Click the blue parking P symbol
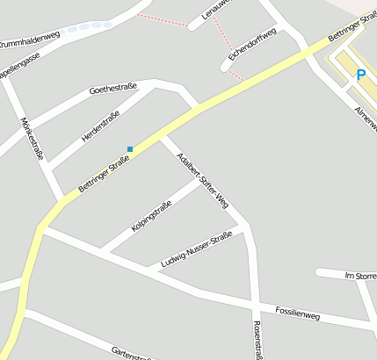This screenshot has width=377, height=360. pos(360,76)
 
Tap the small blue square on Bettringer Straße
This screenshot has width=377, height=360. pos(130,148)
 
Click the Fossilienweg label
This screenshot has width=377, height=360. pos(297,313)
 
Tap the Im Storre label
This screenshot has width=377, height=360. pos(360,276)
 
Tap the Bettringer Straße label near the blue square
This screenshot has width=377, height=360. pos(104,173)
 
